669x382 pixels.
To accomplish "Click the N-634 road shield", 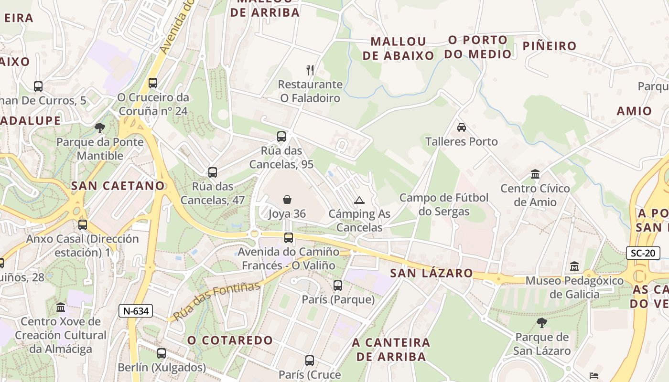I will [136, 311].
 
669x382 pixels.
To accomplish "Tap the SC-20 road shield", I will [643, 253].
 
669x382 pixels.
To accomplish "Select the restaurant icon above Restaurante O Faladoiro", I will [310, 70].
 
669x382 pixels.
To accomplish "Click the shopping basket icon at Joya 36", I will [287, 199].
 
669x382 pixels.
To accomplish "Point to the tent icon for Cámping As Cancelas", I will [359, 200].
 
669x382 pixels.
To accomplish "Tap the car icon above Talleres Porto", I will [461, 127].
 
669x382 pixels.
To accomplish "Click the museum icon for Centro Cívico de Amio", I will [535, 174].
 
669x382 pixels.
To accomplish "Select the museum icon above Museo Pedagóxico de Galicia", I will [574, 266].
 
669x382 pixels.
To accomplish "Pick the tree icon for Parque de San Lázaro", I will [541, 323].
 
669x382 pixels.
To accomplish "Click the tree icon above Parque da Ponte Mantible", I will [100, 127].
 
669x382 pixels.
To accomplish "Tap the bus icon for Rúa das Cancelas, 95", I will [281, 137].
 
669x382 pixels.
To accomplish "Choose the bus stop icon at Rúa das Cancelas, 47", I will [213, 172].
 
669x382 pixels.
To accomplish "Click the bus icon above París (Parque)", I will [338, 286].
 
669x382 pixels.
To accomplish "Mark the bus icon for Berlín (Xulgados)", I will [162, 353].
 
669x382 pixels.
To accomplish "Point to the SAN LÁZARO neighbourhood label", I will [432, 273].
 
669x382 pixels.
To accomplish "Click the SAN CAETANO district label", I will [118, 186].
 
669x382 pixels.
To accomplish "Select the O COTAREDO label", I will [230, 340].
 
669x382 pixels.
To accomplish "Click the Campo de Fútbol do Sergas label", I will [444, 204].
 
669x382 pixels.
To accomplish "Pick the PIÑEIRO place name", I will [550, 46].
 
